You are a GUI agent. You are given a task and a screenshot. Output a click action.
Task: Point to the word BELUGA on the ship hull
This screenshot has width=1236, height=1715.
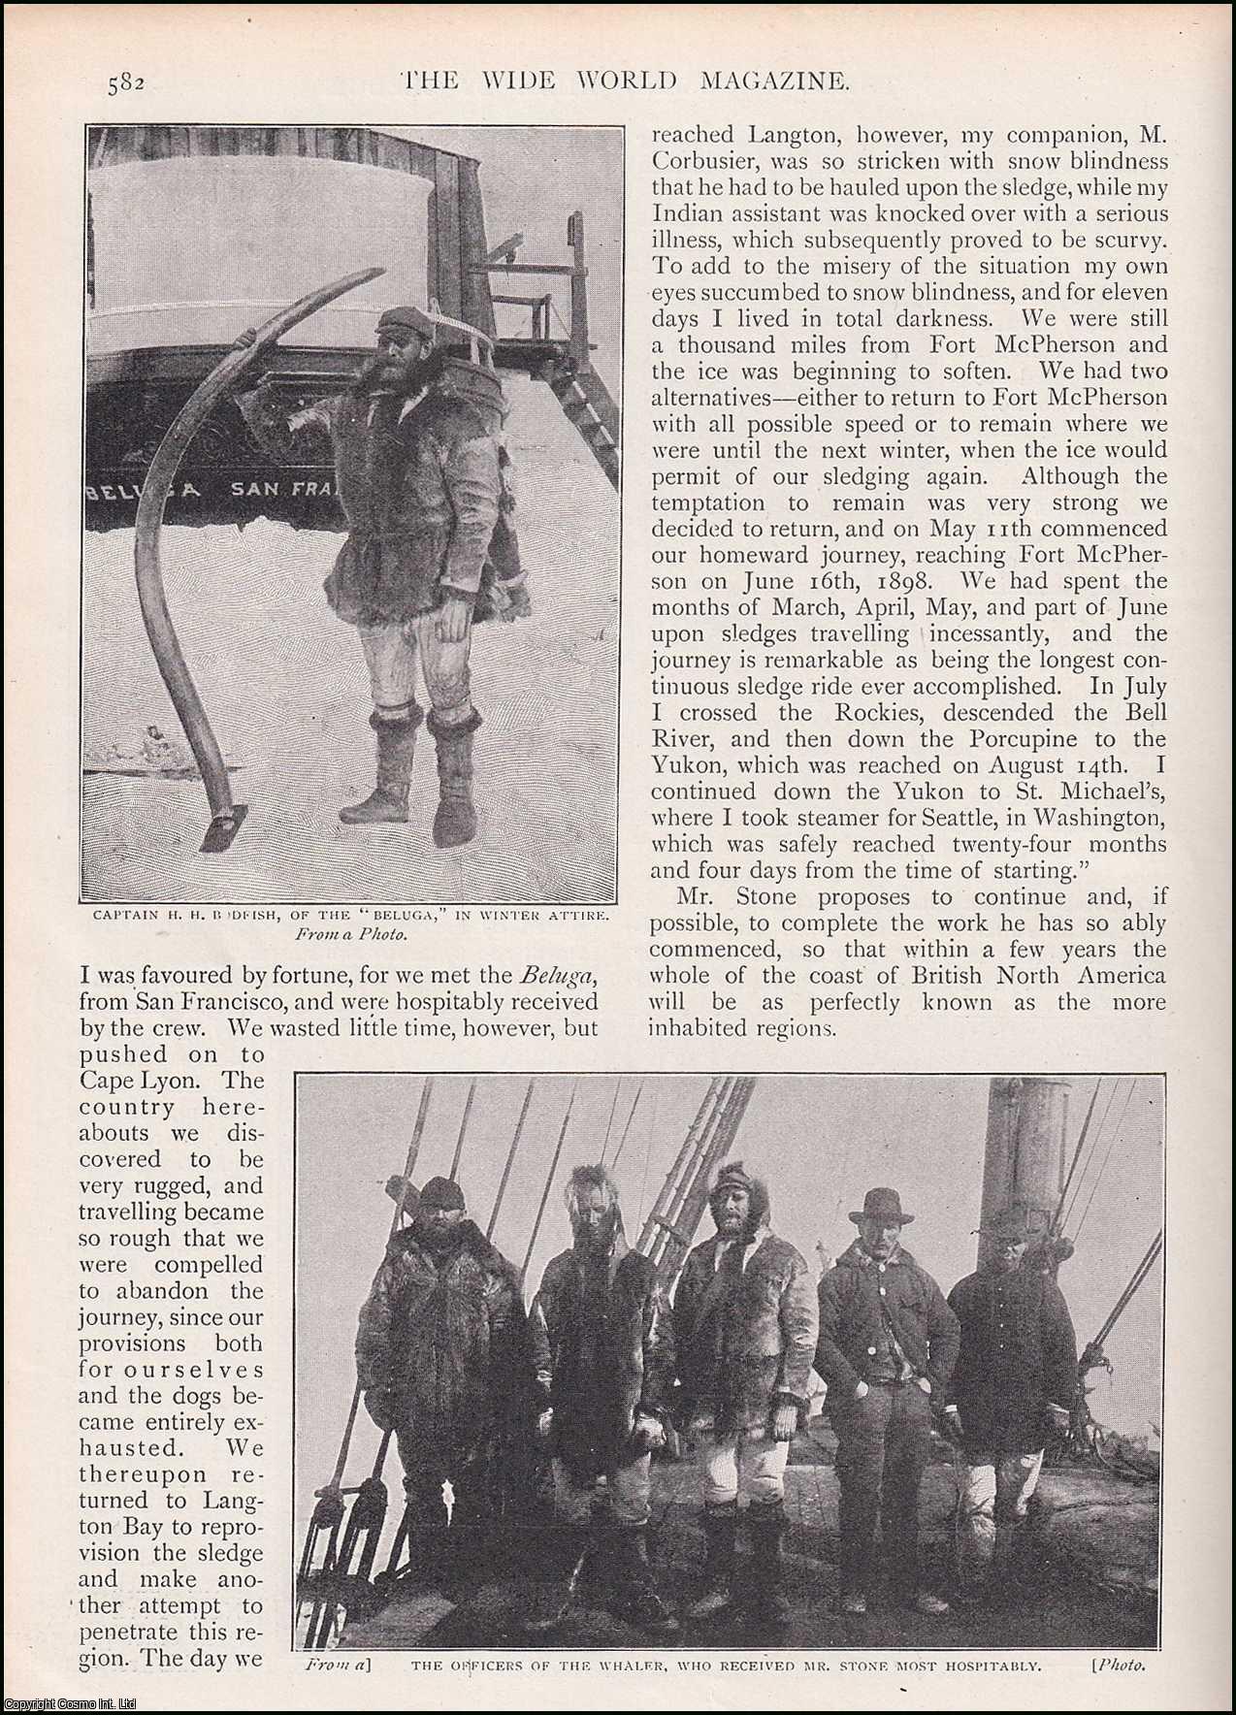coord(146,490)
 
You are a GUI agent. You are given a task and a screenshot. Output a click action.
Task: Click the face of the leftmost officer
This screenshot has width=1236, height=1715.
coord(441,1213)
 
